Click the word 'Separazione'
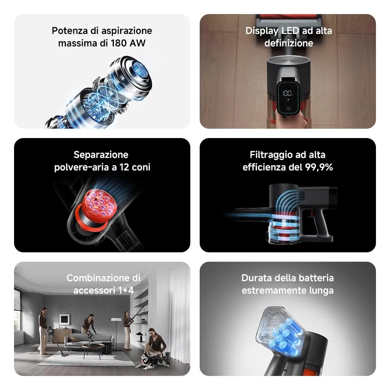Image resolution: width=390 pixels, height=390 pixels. (101, 155)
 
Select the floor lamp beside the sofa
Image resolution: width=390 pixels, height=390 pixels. (116, 331)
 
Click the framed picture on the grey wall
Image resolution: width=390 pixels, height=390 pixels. (64, 319)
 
